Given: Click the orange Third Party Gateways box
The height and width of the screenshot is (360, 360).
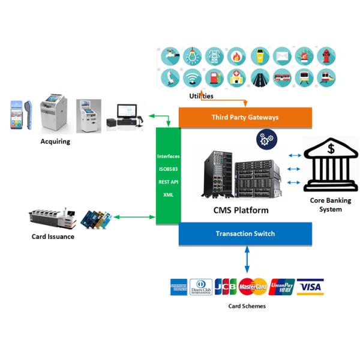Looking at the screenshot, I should [x=245, y=117].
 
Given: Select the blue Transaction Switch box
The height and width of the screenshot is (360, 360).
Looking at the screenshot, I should [x=245, y=233].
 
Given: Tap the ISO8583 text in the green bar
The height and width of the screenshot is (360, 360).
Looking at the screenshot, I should [x=168, y=169].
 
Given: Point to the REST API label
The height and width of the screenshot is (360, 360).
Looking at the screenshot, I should [x=168, y=182].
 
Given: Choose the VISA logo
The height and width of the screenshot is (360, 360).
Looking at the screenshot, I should [x=310, y=287].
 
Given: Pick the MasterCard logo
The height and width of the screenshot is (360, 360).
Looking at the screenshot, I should [x=253, y=287].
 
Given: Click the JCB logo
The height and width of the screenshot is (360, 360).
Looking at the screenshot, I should [x=226, y=287].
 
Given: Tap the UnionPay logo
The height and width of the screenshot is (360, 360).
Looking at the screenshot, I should [x=281, y=287].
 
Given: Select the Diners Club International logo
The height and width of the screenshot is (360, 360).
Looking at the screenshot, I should [x=201, y=287].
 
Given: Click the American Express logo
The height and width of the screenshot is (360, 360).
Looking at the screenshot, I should [x=179, y=287].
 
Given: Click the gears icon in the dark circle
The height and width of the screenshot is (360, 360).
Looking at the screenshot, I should [x=266, y=139].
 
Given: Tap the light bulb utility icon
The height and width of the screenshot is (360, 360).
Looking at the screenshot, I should [x=192, y=56].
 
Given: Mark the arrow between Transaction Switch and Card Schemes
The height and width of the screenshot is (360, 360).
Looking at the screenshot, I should [x=247, y=259].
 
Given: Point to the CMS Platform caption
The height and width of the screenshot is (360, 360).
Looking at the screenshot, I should [x=241, y=210].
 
